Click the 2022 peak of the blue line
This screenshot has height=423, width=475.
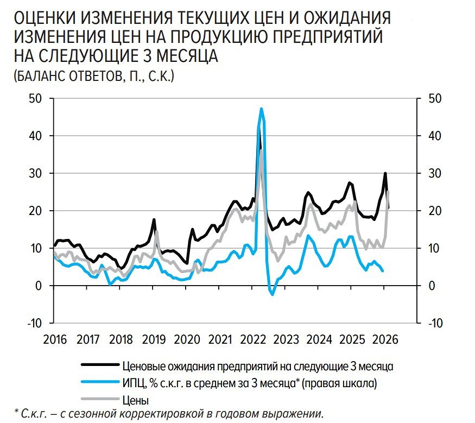click(x=262, y=109)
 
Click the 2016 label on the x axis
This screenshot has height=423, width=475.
click(x=54, y=339)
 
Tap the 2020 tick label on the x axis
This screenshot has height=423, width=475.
click(x=187, y=339)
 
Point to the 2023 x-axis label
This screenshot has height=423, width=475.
click(x=286, y=339)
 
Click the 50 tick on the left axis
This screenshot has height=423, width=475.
click(x=35, y=99)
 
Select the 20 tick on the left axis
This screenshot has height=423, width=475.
click(x=35, y=211)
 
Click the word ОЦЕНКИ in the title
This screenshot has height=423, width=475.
click(x=47, y=19)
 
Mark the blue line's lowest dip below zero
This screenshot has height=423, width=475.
click(x=273, y=294)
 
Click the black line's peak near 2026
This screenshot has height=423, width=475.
click(x=385, y=174)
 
